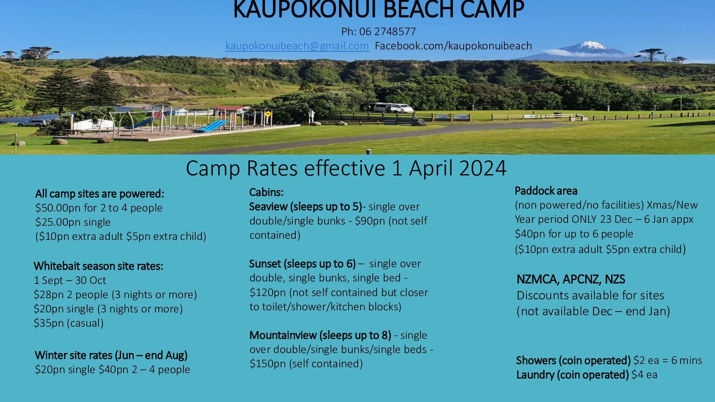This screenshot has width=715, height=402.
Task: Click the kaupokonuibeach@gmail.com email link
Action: click(297, 46)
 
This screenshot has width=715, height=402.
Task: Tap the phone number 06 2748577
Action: click(387, 31)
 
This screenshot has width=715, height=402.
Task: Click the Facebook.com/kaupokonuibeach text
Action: click(453, 46)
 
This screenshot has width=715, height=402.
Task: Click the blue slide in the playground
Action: click(212, 126)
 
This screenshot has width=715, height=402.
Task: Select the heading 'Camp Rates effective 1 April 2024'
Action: click(346, 168)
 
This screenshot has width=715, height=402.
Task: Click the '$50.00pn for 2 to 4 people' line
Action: click(98, 208)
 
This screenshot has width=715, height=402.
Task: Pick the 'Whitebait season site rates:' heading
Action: click(98, 266)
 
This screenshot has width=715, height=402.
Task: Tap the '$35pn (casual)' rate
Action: click(69, 323)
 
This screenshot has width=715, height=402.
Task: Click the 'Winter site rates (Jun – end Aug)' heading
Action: click(111, 355)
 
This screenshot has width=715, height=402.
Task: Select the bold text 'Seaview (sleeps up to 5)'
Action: click(305, 207)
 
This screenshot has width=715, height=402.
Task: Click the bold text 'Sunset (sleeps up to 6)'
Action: click(302, 264)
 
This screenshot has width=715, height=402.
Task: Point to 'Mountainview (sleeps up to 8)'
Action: click(320, 335)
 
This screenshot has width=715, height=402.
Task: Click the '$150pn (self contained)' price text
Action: click(306, 364)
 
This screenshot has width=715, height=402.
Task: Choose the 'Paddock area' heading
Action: click(546, 191)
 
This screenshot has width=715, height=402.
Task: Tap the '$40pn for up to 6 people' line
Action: click(574, 234)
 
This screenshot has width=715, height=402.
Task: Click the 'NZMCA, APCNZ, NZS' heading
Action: click(571, 279)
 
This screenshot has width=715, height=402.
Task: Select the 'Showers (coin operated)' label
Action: click(573, 361)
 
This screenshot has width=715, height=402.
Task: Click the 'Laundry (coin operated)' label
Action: click(573, 374)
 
